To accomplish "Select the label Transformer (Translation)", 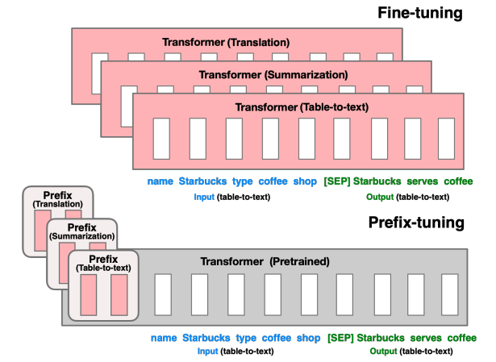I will (225, 42).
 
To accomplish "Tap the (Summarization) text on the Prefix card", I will (81, 235).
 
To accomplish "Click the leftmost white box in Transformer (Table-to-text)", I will (160, 138).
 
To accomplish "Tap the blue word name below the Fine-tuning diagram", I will (160, 181).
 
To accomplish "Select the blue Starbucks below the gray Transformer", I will (205, 338).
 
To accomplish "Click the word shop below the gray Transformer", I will (308, 338).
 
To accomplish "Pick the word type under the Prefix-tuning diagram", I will (246, 338).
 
